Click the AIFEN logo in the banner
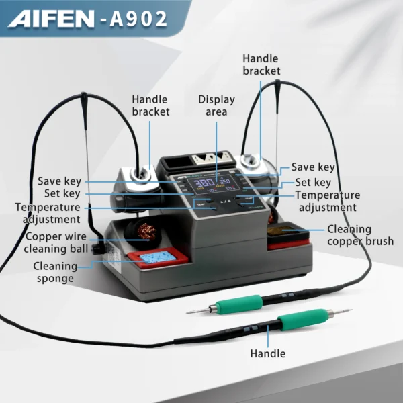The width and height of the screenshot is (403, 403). click(x=51, y=19)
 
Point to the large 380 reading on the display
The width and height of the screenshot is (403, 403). click(x=204, y=183)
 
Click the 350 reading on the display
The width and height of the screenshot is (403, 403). click(x=224, y=181)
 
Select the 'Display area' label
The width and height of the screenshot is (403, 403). click(x=216, y=105)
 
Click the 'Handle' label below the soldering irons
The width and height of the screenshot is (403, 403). click(x=268, y=354)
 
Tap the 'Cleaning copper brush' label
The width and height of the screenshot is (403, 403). click(x=360, y=235)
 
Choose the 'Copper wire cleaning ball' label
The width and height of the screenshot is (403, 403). click(x=56, y=242)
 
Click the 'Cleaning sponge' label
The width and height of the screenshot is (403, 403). click(x=55, y=272)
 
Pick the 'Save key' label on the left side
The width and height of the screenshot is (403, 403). click(x=59, y=181)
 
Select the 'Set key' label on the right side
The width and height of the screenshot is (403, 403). click(x=313, y=183)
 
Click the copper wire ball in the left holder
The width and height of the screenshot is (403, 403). click(x=146, y=231)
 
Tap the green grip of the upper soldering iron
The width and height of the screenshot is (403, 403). click(x=239, y=304)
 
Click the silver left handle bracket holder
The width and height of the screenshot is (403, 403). click(x=138, y=179)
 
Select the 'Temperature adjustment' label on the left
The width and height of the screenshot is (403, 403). click(x=48, y=213)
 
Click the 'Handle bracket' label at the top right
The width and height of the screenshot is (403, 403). click(x=261, y=64)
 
